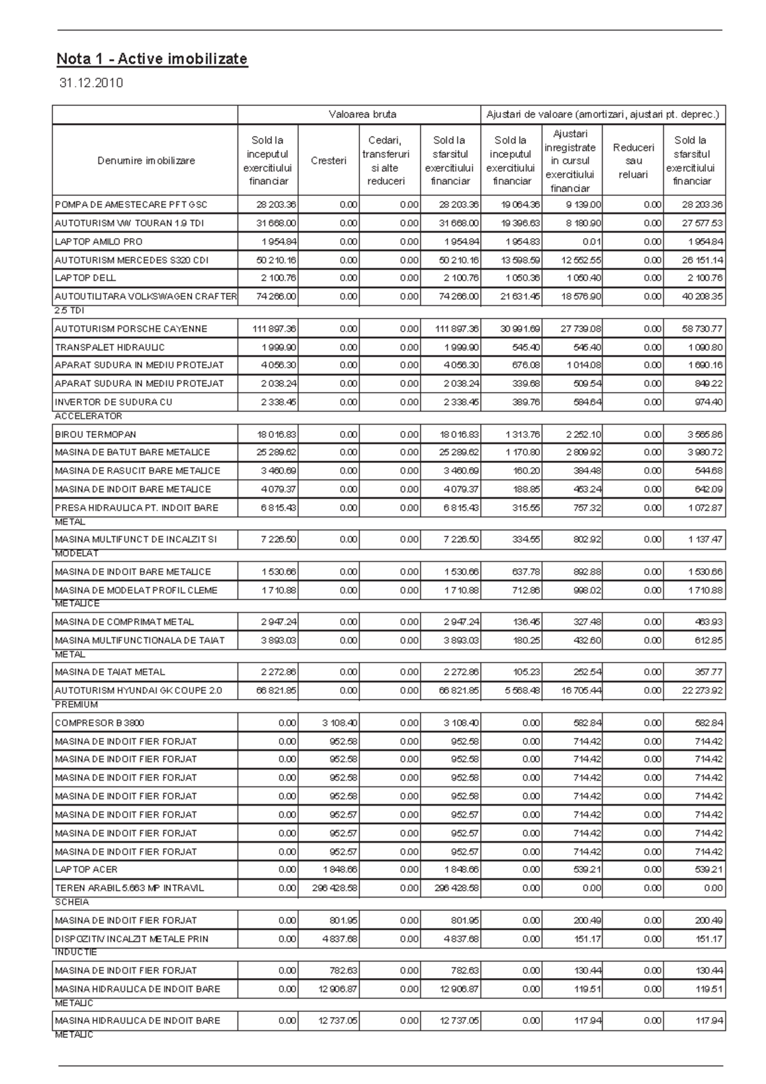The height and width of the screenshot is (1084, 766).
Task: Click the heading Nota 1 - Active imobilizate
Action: (152, 59)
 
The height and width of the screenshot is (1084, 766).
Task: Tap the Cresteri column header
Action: (328, 161)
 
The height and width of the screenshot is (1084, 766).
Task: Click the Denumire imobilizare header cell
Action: (146, 161)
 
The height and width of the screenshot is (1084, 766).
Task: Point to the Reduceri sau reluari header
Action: (633, 161)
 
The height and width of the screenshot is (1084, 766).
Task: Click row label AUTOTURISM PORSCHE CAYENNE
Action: (131, 329)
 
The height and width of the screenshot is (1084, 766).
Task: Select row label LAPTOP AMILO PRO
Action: (98, 242)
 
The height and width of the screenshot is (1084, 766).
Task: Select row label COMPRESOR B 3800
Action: (100, 723)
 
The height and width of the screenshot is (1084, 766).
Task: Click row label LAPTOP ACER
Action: (86, 869)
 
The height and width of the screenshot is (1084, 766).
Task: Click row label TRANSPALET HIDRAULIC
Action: (110, 347)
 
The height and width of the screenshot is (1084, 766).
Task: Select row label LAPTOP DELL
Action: (85, 278)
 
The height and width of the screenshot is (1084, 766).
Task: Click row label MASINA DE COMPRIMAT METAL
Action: (124, 622)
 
